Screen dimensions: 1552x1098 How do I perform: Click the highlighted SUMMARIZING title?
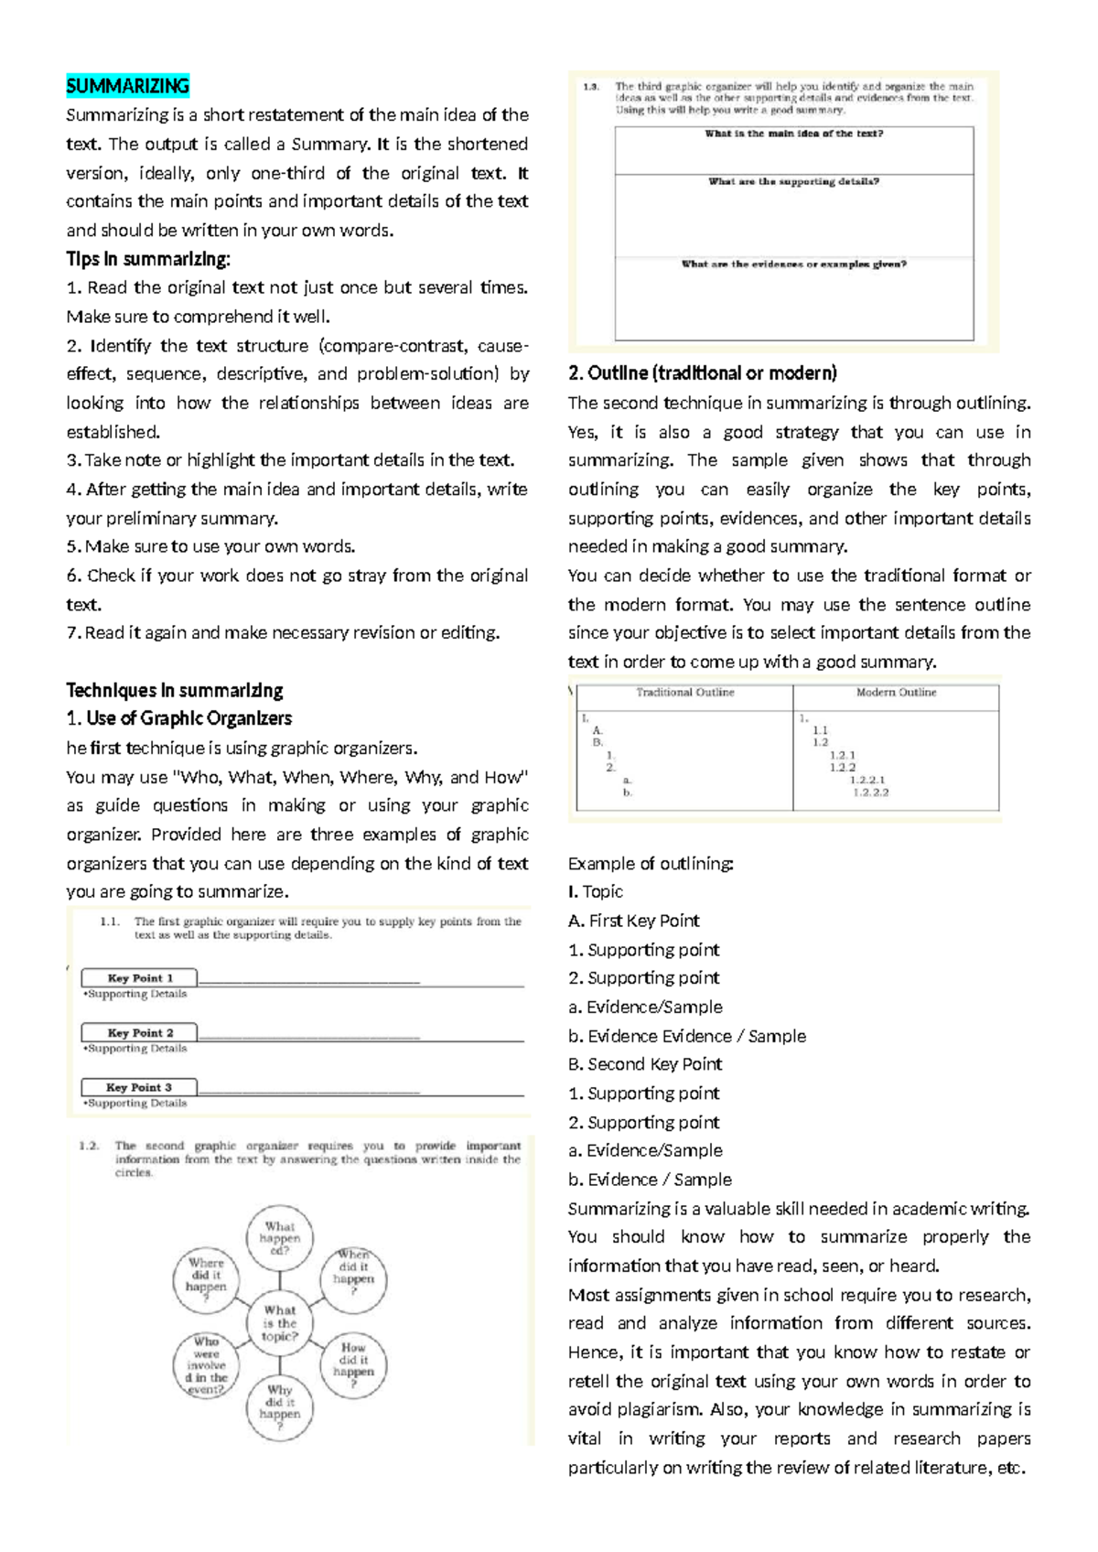tap(127, 86)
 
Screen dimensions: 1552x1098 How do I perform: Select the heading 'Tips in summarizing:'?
tap(148, 259)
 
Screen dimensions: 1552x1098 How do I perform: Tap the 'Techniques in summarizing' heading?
tap(174, 690)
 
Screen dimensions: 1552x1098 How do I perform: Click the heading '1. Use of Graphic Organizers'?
tap(178, 718)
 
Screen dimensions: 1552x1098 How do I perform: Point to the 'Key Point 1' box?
tap(139, 978)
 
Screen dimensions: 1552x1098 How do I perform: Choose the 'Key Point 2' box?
tap(139, 1033)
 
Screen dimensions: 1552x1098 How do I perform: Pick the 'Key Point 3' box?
tap(139, 1087)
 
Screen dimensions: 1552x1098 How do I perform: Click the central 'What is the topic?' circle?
tap(279, 1323)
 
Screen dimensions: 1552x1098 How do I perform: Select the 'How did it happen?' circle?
tap(353, 1365)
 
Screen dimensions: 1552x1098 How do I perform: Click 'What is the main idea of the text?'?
tap(793, 134)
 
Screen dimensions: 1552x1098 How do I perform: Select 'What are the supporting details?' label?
tap(793, 182)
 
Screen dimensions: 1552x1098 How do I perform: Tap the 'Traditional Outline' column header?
tap(685, 693)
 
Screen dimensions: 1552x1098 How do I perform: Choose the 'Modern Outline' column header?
tap(896, 693)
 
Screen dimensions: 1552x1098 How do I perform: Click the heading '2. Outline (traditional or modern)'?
tap(702, 373)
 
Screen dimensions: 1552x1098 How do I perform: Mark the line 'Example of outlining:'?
tap(650, 863)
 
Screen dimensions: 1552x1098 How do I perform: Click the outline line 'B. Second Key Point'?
tap(645, 1064)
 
